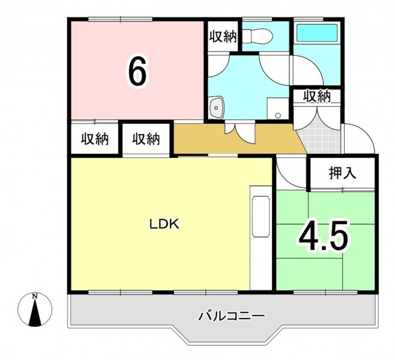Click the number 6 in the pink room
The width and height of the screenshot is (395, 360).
click(x=137, y=71)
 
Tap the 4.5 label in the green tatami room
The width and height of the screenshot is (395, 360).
click(x=324, y=235)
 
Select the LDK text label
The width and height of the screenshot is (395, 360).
click(x=164, y=224)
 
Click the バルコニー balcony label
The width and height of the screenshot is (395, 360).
click(x=232, y=316)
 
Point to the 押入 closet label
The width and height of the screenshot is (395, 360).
click(x=342, y=173)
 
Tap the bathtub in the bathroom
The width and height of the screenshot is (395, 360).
click(x=317, y=32)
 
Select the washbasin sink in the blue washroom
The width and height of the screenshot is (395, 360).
click(x=216, y=107)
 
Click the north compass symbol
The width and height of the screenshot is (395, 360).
click(x=35, y=309)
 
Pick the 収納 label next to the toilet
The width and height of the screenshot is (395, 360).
click(x=223, y=37)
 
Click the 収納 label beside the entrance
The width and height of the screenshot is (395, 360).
click(x=317, y=95)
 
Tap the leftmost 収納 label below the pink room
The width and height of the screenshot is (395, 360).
click(x=95, y=139)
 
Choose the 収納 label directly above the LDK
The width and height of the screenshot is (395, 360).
click(x=146, y=139)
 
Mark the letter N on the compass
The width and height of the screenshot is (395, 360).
click(x=35, y=296)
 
